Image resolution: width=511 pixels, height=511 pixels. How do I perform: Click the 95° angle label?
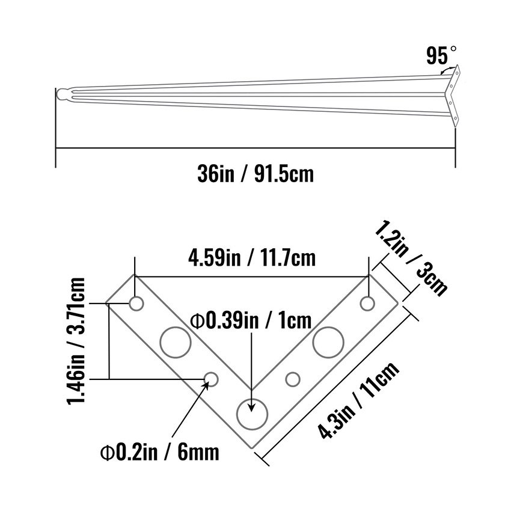pyautogui.click(x=441, y=55)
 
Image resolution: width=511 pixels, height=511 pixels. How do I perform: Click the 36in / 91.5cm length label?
pyautogui.click(x=255, y=174)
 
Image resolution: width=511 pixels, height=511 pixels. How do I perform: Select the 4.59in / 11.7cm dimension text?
pyautogui.click(x=252, y=259)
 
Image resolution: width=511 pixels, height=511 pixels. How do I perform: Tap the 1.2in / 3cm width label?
pyautogui.click(x=411, y=259)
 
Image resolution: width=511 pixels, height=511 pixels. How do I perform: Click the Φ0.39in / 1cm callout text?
pyautogui.click(x=251, y=320)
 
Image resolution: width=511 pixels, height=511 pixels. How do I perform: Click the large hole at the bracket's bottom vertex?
pyautogui.click(x=252, y=414)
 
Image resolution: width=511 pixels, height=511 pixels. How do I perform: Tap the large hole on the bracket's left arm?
pyautogui.click(x=176, y=342)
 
